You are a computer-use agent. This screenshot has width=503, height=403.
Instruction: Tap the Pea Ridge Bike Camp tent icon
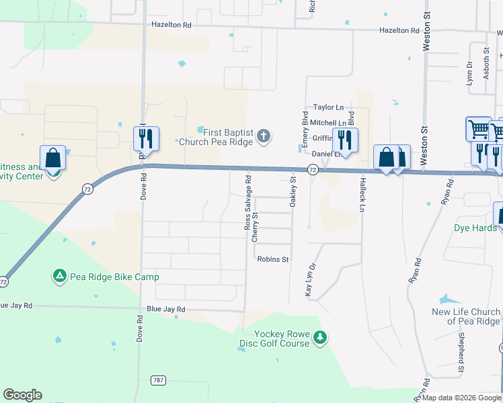[x=59, y=276]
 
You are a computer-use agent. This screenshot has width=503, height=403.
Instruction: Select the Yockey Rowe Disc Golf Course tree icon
[x=321, y=338]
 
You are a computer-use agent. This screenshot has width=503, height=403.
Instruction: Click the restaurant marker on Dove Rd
[x=146, y=139]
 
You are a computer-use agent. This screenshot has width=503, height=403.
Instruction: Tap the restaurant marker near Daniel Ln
[x=345, y=140]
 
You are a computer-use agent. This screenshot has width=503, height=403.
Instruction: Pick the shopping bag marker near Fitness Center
[x=53, y=159]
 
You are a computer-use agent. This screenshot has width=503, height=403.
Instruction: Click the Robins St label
[x=272, y=259]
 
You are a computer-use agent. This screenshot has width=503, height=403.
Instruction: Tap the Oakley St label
[x=293, y=191]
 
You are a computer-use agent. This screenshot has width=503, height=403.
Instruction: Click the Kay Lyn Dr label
[x=310, y=280]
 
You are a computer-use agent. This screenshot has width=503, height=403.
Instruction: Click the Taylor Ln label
[x=328, y=107]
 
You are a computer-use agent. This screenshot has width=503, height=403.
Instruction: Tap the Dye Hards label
[x=475, y=228]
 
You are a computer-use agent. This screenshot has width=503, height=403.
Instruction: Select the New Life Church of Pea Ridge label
[x=466, y=316]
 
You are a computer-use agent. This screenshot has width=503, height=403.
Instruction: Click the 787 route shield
[x=158, y=380]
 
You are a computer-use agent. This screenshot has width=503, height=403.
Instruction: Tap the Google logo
[x=22, y=395]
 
